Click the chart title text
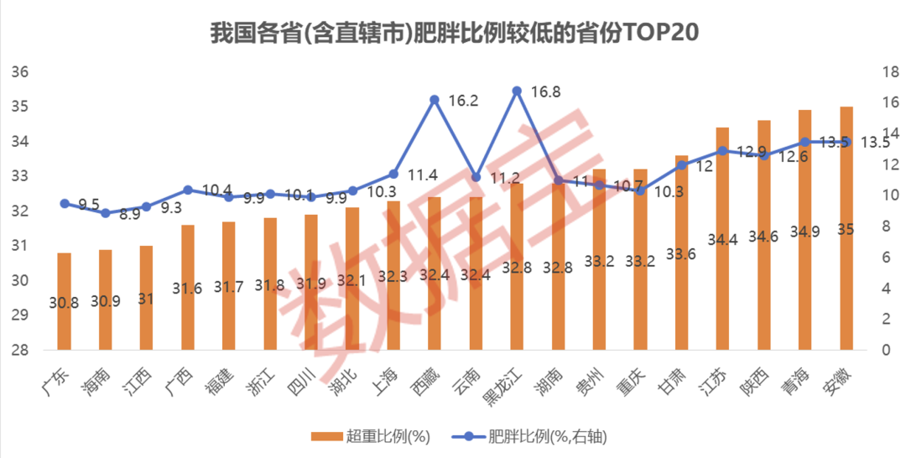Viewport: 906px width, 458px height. (x=453, y=33)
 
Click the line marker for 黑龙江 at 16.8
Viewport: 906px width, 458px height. (x=517, y=91)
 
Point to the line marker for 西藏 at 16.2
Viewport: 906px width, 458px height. (x=435, y=100)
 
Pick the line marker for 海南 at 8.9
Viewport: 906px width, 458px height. (x=106, y=213)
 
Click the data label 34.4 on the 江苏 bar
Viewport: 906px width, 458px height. (x=722, y=241)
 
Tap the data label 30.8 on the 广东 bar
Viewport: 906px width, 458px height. (x=64, y=304)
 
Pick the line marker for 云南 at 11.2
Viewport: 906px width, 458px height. (x=476, y=177)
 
